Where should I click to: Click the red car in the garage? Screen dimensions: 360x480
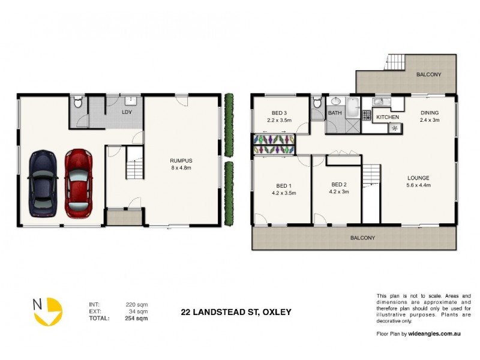(x=79, y=183)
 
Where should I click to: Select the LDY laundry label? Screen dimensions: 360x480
(x=127, y=112)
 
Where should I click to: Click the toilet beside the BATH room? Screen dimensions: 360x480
(x=316, y=104)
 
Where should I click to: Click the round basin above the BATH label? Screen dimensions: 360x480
(x=335, y=102)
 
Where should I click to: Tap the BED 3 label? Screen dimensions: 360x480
(x=279, y=113)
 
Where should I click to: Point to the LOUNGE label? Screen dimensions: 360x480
(x=418, y=178)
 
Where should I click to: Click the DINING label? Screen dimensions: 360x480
(x=430, y=112)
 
